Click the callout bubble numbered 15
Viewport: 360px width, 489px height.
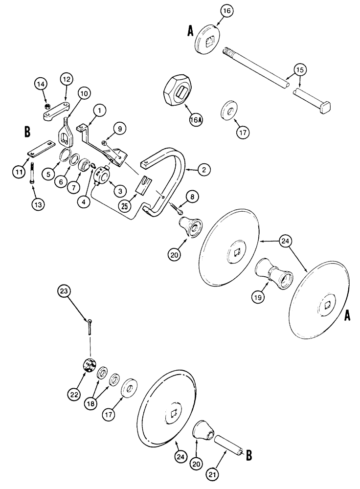[301, 70]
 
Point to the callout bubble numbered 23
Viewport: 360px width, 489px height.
[63, 290]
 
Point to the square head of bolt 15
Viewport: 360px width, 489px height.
[325, 104]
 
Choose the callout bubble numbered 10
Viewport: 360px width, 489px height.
[84, 92]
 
